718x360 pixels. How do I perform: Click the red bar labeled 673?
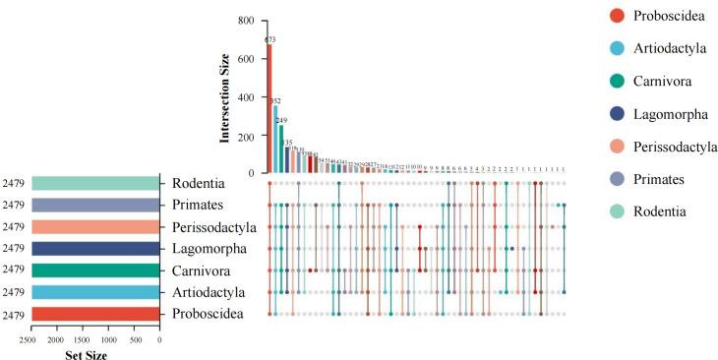269,109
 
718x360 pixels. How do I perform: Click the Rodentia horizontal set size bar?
95,183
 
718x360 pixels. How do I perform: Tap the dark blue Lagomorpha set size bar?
95,249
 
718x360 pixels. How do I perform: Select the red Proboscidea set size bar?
95,314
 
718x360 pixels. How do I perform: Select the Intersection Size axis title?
225,96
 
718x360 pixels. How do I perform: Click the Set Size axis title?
94,355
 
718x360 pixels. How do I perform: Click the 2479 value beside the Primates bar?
14,206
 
